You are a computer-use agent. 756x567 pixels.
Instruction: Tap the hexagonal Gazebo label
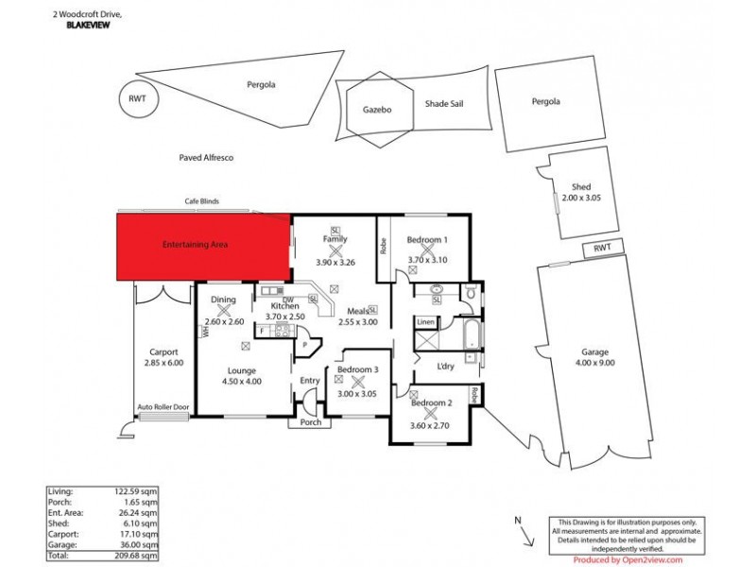[x=377, y=110]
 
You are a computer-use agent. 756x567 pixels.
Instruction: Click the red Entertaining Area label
[x=196, y=245]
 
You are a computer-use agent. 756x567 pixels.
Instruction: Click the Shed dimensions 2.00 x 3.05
[x=581, y=198]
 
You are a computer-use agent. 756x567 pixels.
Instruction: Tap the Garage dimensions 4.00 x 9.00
[x=595, y=362]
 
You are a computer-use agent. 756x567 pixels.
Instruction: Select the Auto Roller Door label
[x=163, y=407]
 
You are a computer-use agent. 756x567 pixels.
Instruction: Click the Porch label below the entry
[x=311, y=422]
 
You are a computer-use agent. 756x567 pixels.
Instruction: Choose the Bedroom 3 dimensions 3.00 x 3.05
[x=358, y=394]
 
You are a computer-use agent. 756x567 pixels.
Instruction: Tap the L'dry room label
[x=446, y=366]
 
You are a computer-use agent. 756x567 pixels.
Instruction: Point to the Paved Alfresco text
[x=206, y=158]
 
